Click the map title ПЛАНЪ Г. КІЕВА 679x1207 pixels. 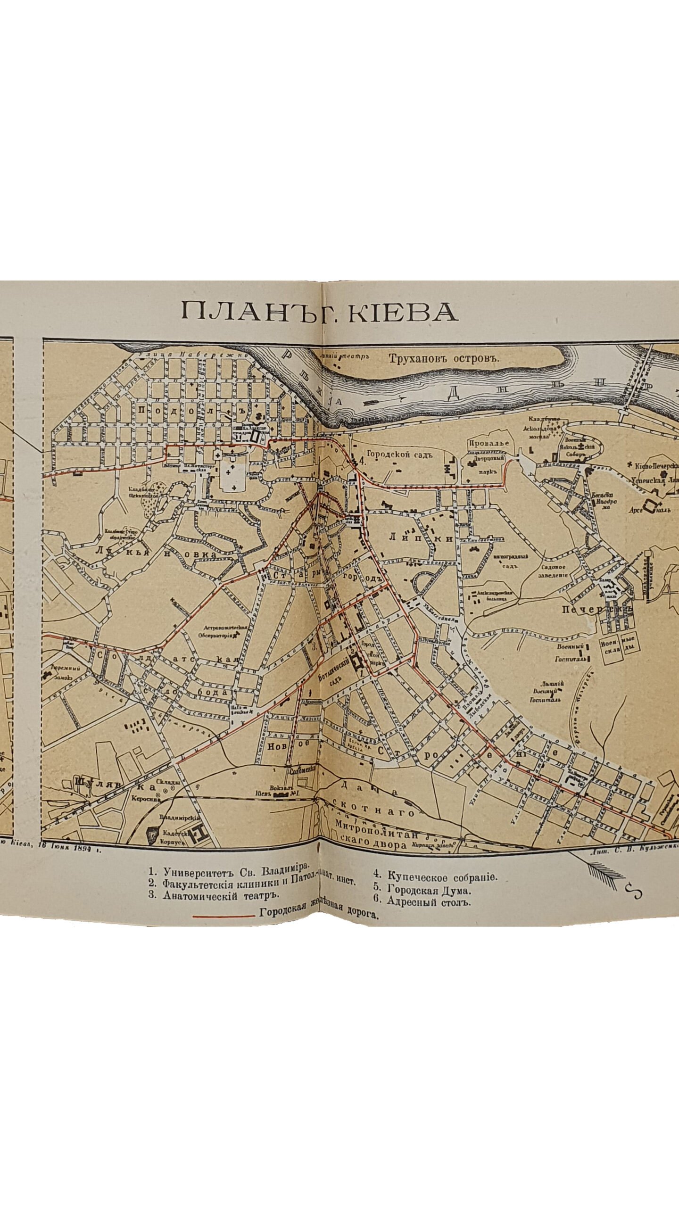[x=319, y=312]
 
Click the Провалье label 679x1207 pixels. [x=488, y=443]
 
